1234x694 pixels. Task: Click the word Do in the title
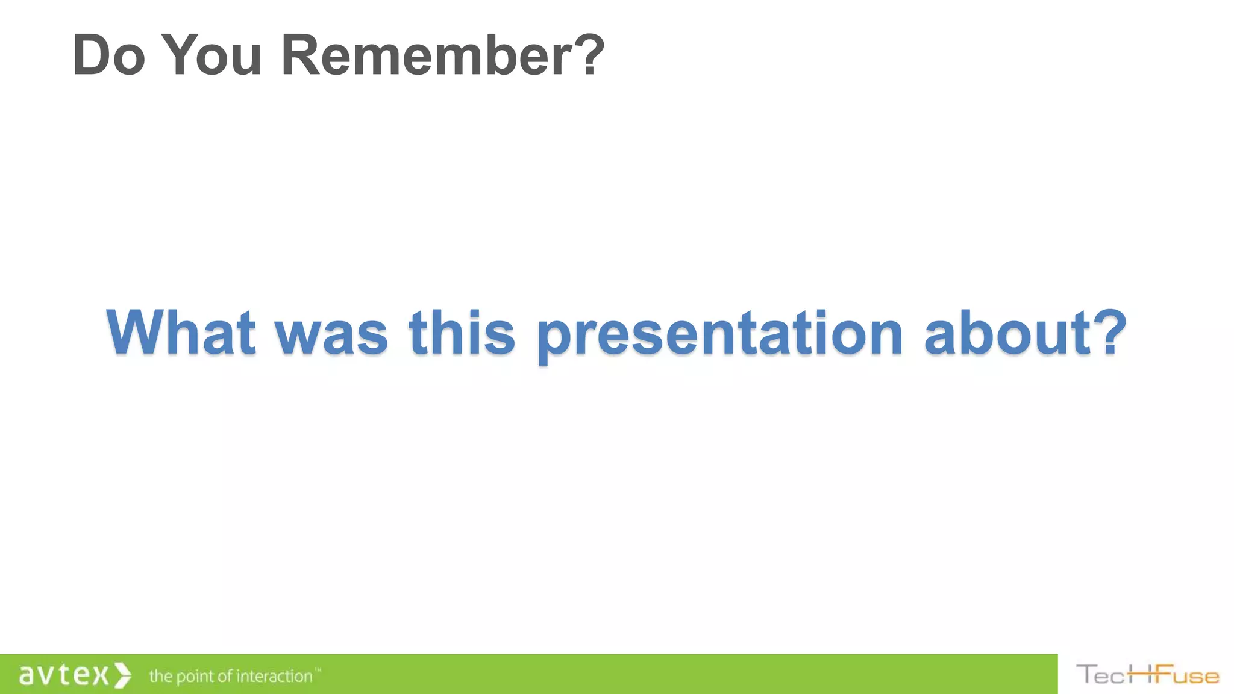click(108, 55)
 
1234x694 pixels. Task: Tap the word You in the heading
click(211, 55)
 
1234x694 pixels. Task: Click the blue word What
click(180, 333)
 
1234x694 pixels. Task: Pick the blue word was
click(331, 333)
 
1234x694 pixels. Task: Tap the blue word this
click(462, 333)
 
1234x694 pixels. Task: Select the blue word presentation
click(720, 333)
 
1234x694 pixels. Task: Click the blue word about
click(1007, 333)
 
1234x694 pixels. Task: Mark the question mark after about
click(1109, 333)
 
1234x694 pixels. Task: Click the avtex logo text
click(64, 675)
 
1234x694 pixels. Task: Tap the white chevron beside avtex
click(122, 675)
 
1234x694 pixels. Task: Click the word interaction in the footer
click(274, 676)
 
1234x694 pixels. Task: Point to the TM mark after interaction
click(318, 670)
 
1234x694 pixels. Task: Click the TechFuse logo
click(1147, 675)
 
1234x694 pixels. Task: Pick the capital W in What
click(136, 333)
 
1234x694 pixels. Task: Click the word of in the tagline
click(225, 676)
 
